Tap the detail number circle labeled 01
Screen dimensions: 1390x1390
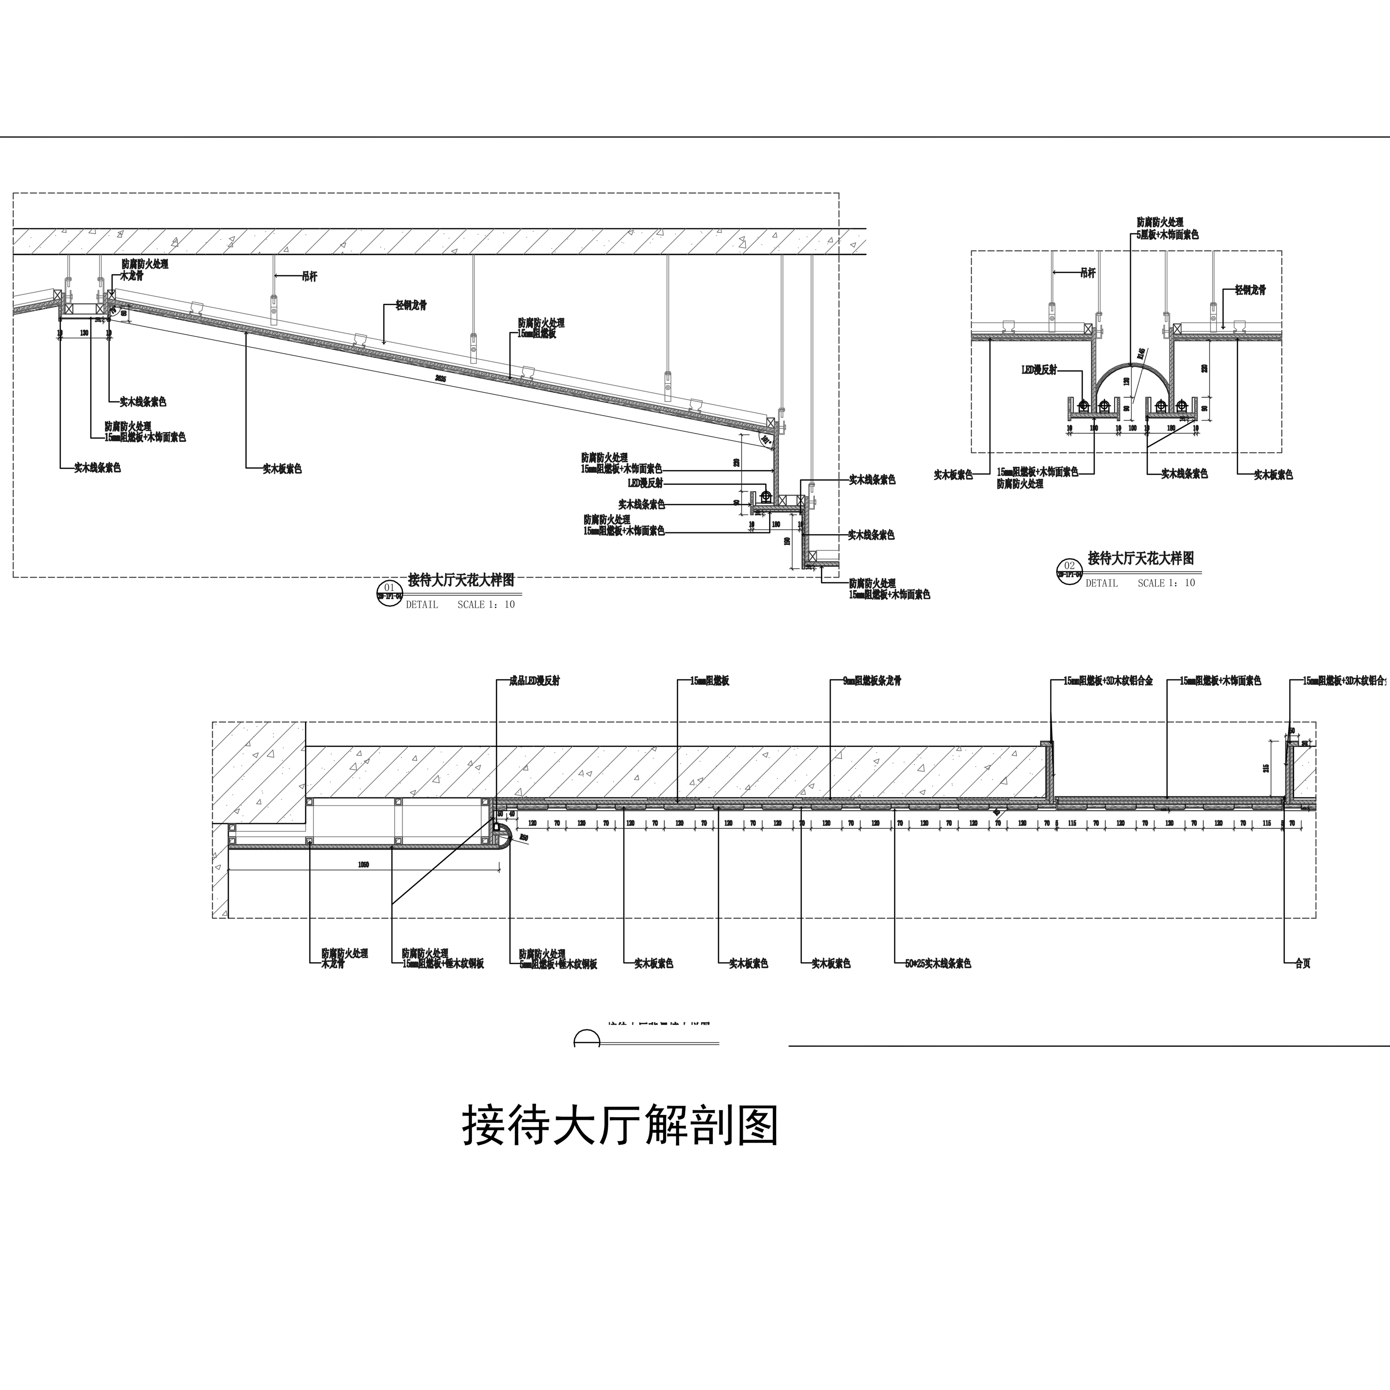[389, 591]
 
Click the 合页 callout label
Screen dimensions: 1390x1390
[1302, 963]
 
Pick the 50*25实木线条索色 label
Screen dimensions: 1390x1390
[938, 963]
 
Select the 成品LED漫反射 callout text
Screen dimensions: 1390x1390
[534, 681]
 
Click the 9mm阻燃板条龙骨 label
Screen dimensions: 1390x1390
[872, 681]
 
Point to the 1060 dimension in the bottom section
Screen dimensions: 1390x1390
[363, 865]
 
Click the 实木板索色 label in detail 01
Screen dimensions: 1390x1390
[282, 469]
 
